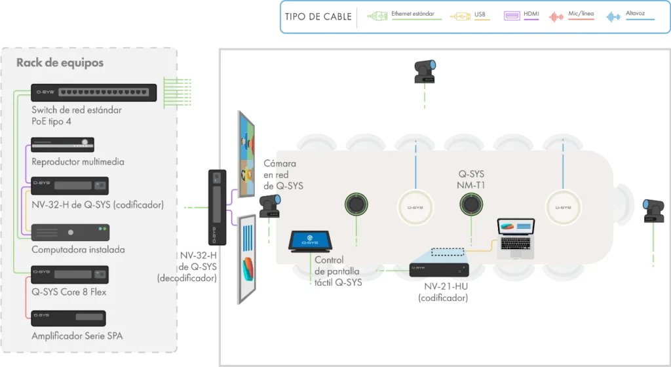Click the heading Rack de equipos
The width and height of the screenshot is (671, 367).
(x=60, y=63)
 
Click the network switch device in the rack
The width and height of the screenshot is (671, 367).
(x=94, y=92)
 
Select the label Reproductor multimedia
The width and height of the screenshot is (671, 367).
(x=78, y=161)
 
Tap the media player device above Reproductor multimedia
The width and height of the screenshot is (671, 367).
(x=63, y=144)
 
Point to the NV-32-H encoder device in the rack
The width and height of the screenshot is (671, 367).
(x=70, y=185)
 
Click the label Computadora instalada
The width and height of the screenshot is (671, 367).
(x=78, y=250)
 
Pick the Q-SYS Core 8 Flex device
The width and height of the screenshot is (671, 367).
(x=70, y=275)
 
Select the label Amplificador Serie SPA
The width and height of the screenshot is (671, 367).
(x=77, y=336)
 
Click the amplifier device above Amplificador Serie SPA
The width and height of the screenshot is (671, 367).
(x=70, y=318)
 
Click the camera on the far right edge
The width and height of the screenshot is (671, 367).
(x=655, y=210)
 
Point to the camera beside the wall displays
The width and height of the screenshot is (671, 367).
(x=270, y=206)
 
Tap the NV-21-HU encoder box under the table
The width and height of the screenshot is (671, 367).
(x=440, y=270)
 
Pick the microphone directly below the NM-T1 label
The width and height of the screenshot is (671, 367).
(x=470, y=205)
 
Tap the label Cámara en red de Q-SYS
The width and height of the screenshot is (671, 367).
(x=283, y=174)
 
